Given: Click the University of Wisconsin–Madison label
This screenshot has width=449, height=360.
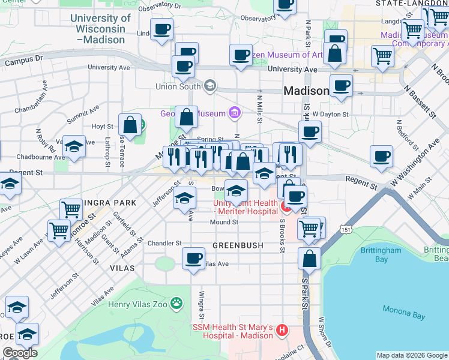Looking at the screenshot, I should point(101,28).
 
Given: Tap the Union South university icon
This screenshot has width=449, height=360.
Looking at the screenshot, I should point(209,86).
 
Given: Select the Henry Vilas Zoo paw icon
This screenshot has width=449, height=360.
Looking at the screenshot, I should point(176,304).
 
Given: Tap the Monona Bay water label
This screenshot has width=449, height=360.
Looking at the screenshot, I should point(405,313).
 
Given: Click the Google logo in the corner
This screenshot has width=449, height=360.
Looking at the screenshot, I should point(20,353).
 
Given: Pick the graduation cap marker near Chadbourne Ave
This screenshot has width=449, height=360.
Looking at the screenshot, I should point(73,146).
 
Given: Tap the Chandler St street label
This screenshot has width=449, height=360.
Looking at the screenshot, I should point(164,243).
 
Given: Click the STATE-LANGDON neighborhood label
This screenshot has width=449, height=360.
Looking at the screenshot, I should point(411,4).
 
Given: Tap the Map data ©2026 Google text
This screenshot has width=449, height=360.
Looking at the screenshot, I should point(411,355).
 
